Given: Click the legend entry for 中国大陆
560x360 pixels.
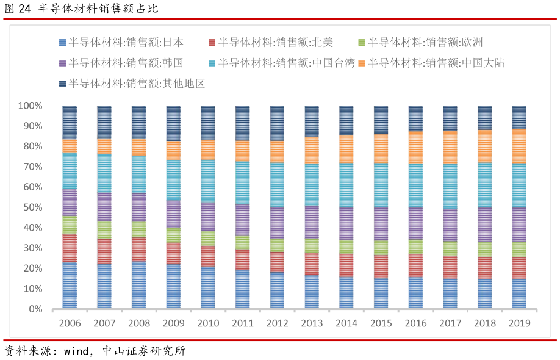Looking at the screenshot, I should coord(436,63).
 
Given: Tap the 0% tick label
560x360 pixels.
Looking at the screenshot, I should coord(35,309).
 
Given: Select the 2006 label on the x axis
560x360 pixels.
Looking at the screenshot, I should coord(70,323).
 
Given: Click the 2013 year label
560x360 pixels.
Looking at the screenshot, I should coord(312,323).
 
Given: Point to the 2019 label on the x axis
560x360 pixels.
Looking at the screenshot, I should coord(519,323).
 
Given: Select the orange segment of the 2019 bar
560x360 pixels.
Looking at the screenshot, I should coord(519,146).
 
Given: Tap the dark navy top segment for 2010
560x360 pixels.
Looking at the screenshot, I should coord(208,122).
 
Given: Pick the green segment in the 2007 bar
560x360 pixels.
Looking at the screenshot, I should coord(104,230).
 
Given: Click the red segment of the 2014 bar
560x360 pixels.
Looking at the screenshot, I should coord(346,265).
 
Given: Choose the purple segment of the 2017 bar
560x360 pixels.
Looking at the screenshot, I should coord(450,225).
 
